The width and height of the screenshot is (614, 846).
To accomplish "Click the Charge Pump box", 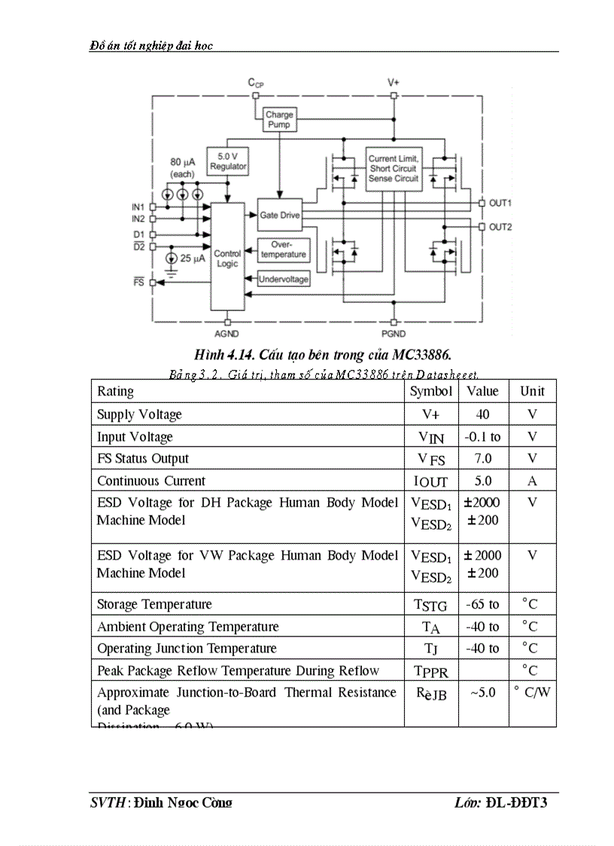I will point(279,120).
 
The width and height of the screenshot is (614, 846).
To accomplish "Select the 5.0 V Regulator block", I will point(228,161).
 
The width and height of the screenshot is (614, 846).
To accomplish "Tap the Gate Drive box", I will point(279,215).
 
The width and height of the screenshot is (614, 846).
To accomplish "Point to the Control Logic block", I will point(227,258).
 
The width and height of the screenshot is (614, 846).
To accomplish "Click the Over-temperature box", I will point(283,249).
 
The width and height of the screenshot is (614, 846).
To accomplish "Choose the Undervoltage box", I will point(284,279).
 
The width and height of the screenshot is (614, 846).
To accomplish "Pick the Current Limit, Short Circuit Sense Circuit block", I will point(394,169).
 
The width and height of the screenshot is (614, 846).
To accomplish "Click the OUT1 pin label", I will point(500,203).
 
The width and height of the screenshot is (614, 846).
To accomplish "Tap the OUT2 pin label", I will point(500,227).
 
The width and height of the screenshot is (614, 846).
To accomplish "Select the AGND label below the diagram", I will point(226,333).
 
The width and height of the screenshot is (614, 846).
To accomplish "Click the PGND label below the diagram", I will point(393,333).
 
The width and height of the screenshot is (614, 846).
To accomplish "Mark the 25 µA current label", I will point(192,258).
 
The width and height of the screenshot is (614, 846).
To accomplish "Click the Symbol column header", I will point(430,391).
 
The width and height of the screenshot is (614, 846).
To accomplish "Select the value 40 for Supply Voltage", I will point(482,414).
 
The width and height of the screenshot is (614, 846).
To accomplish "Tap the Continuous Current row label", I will point(150,481).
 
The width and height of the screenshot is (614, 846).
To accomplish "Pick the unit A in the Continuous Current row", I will point(532,481).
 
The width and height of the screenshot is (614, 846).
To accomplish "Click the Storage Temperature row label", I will point(154,604).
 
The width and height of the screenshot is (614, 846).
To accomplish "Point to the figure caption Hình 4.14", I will point(323,354).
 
